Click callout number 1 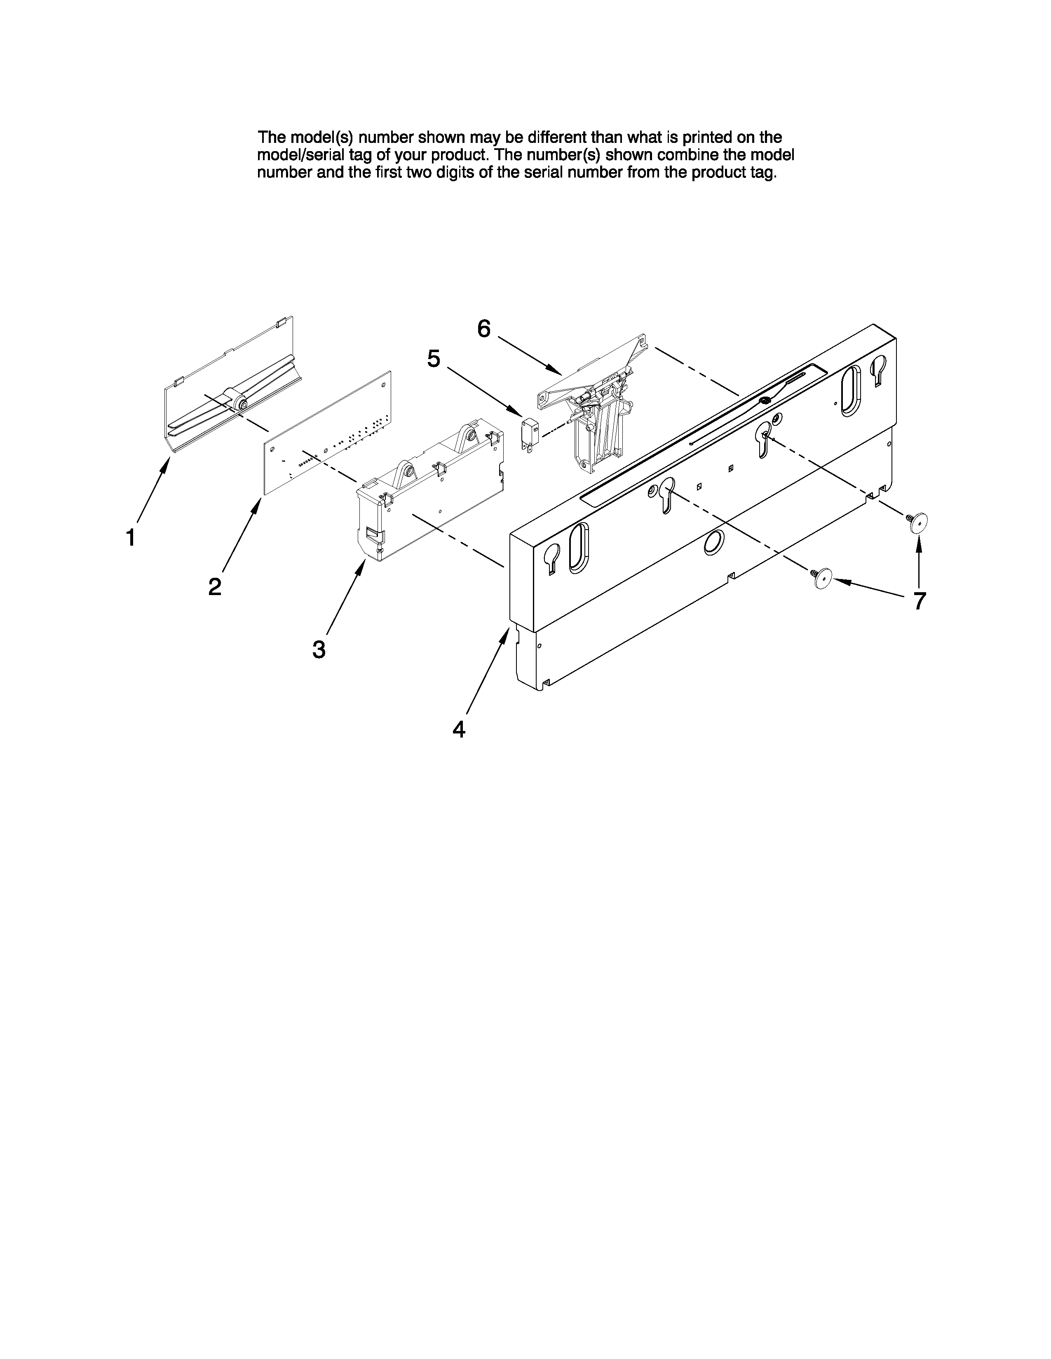pyautogui.click(x=131, y=537)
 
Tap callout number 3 pyautogui.click(x=319, y=649)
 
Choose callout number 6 pyautogui.click(x=484, y=329)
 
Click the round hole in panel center pyautogui.click(x=713, y=543)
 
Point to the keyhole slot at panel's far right pyautogui.click(x=879, y=370)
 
